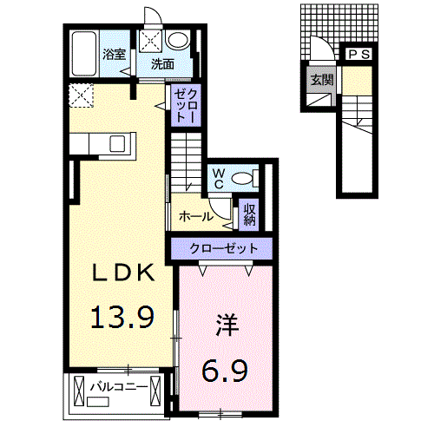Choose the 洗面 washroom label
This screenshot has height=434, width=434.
(161, 63)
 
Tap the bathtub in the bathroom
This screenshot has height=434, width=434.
(85, 54)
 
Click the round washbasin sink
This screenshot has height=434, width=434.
(180, 40)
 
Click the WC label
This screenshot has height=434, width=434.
(219, 179)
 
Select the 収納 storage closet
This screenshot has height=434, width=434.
(250, 213)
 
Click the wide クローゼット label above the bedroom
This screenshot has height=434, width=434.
(225, 249)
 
